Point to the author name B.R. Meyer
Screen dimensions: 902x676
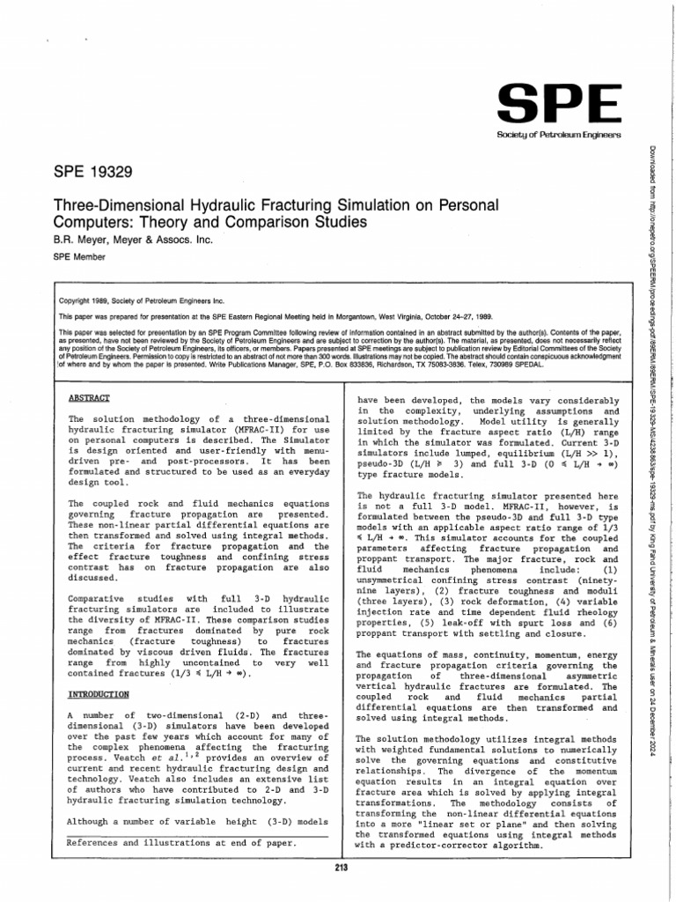[x=79, y=240]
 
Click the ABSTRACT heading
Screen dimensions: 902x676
[x=90, y=398]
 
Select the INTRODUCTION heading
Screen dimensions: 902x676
[x=99, y=694]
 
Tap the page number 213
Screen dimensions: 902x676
[x=343, y=869]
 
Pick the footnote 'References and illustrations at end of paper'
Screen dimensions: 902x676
[x=181, y=842]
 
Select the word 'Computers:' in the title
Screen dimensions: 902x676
[x=98, y=222]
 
